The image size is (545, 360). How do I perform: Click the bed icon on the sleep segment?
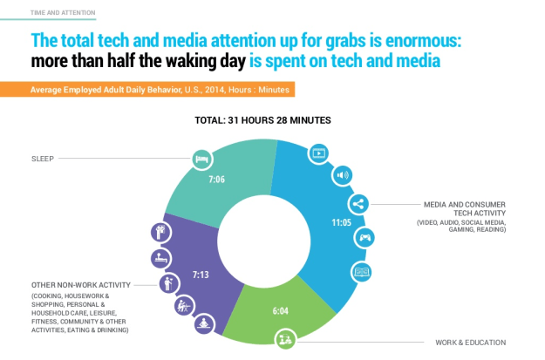click(201, 159)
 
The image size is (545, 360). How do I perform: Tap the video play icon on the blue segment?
click(319, 153)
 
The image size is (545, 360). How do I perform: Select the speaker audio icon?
click(344, 173)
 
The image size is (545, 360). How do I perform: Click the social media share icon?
click(357, 204)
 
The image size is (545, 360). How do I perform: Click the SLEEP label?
click(42, 159)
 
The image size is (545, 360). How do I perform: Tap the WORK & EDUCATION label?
click(470, 342)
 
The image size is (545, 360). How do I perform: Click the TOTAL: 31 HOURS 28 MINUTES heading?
click(271, 119)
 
